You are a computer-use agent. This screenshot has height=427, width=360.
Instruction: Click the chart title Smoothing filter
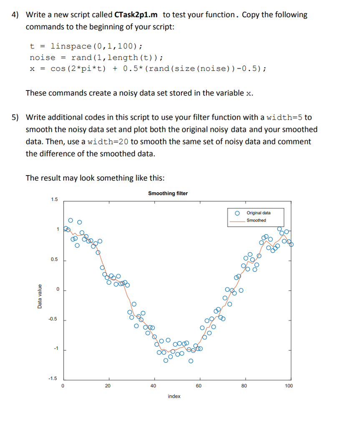tap(168, 193)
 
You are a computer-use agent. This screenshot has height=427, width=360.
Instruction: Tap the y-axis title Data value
tap(40, 296)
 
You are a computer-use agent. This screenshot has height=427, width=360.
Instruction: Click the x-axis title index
tap(174, 396)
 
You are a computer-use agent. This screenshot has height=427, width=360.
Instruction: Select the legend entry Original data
tap(258, 213)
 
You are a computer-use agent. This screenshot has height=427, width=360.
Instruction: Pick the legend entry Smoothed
tap(256, 220)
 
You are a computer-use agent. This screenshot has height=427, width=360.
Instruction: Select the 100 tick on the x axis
tap(289, 386)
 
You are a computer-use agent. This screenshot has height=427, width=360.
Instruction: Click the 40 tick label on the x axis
tap(153, 386)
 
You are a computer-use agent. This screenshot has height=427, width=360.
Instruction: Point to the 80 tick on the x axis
tap(244, 386)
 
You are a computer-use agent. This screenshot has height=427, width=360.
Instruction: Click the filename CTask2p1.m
tap(136, 15)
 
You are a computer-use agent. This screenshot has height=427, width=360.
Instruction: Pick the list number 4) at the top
tap(15, 15)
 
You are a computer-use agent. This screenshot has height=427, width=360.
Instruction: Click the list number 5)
tap(15, 118)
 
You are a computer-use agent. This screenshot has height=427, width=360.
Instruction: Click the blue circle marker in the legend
tap(237, 213)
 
